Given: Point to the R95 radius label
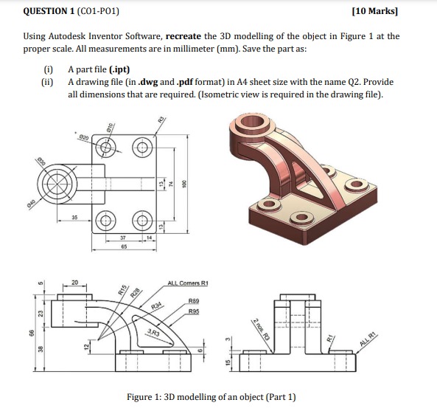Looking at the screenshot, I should tap(194, 312).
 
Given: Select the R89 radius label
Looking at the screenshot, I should tap(194, 301).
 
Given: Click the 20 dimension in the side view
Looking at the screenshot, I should tap(74, 281).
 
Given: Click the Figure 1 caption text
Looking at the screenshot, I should tap(211, 397).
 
